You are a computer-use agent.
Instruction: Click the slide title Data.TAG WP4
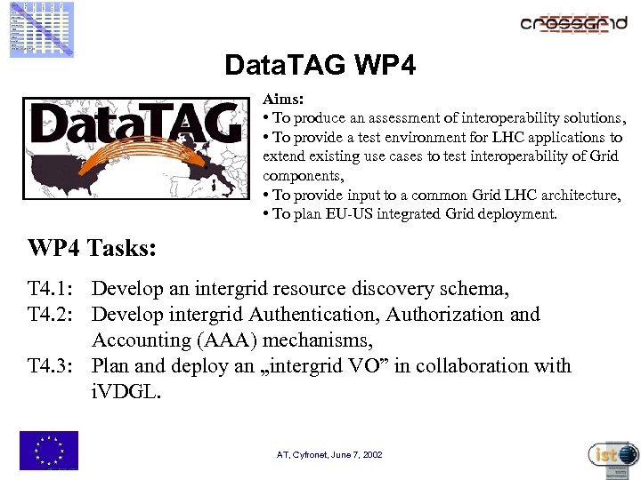pos(320,66)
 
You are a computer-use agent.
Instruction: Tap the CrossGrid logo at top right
pos(573,24)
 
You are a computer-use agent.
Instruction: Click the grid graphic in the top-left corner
pos(42,28)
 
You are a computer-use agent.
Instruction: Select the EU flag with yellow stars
pos(48,450)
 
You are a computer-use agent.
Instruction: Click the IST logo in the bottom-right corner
pos(613,454)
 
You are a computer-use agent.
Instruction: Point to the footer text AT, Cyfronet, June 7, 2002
pos(329,454)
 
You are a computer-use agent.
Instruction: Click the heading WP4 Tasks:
pos(92,248)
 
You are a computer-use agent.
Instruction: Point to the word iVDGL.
pos(126,392)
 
